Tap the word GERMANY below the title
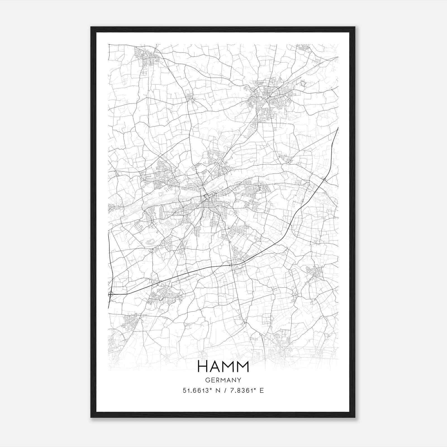click(223, 380)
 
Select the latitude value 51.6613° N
click(200, 391)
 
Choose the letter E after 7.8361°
click(262, 391)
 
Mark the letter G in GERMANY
click(208, 380)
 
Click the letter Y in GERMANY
click(239, 380)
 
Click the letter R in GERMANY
click(218, 380)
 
